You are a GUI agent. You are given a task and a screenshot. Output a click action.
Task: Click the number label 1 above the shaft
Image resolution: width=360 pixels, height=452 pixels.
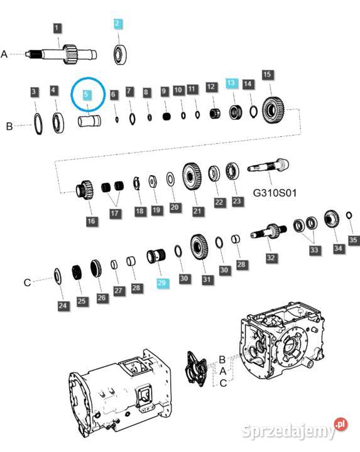pyautogui.click(x=57, y=28)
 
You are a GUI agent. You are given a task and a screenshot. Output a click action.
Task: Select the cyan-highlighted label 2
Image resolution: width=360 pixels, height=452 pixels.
pyautogui.click(x=117, y=24)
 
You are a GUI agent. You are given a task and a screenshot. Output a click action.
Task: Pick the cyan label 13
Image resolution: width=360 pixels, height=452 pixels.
pyautogui.click(x=231, y=83)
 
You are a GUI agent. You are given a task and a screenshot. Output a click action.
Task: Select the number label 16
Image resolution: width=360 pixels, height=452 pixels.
pyautogui.click(x=92, y=220)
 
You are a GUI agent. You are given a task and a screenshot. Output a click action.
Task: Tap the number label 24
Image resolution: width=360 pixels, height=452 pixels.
pyautogui.click(x=62, y=306)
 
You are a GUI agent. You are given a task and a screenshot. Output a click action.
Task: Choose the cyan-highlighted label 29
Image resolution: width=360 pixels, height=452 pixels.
pyautogui.click(x=163, y=284)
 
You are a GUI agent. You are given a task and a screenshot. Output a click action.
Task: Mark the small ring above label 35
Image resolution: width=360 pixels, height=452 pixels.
pyautogui.click(x=349, y=217)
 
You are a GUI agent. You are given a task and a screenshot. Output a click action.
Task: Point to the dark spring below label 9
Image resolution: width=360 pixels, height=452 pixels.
pyautogui.click(x=166, y=116)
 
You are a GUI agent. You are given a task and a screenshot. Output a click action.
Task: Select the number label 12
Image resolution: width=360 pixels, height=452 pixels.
pyautogui.click(x=211, y=86)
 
